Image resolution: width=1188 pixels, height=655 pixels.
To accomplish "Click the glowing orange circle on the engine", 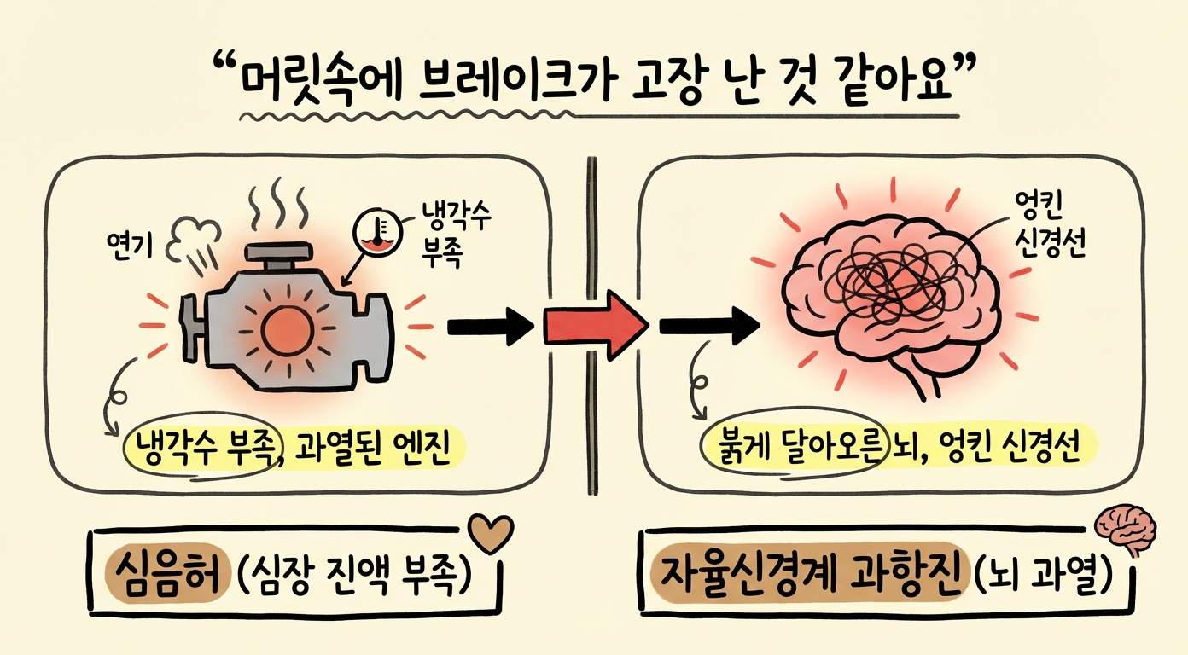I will (284, 329).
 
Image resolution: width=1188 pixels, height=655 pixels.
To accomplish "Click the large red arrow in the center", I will (595, 324).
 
